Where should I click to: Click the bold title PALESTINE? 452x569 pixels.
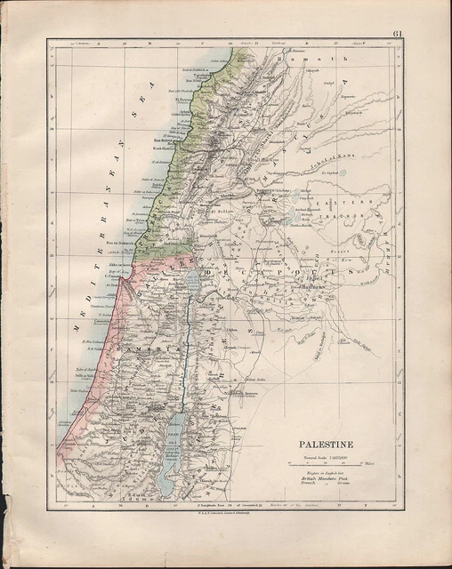coord(327,444)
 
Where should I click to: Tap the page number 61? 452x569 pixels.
coord(396,35)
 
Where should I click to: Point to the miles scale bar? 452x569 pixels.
coord(330,464)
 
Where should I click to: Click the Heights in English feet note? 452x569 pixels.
coord(326,474)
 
